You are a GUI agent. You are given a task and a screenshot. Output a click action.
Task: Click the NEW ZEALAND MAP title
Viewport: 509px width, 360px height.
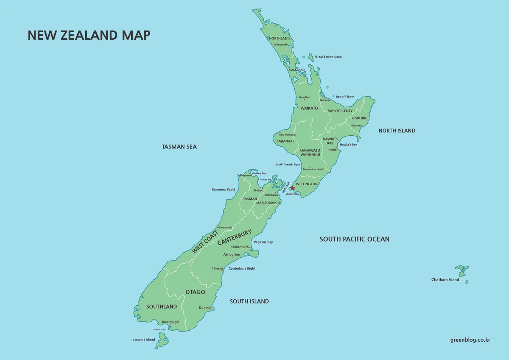[x=89, y=35]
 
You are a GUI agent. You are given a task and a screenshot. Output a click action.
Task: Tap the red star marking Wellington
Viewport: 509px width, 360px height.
[x=292, y=188]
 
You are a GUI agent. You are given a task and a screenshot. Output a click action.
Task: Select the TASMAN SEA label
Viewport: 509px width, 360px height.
[x=179, y=147]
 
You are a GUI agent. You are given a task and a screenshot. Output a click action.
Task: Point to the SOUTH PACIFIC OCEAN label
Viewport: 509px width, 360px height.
[x=354, y=239]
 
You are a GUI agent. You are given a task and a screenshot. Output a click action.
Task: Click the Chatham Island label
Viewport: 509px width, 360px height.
[x=445, y=280]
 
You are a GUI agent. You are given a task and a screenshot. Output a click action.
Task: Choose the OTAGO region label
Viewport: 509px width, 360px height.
[x=195, y=292]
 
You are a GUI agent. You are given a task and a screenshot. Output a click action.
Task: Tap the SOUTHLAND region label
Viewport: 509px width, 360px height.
[x=161, y=307]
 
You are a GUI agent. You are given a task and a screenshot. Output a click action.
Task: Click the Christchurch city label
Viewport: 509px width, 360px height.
[x=240, y=247]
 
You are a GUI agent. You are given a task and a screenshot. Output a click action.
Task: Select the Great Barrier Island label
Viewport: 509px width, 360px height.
[x=328, y=56]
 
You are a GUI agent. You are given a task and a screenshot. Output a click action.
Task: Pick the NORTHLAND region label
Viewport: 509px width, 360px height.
[x=280, y=39]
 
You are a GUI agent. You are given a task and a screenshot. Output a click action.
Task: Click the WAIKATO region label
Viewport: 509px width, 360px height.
[x=309, y=108]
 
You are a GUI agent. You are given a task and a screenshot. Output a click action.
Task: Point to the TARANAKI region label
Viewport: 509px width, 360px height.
[x=285, y=141]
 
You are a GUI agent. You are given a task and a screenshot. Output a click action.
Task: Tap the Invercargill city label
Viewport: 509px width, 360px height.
[x=170, y=322]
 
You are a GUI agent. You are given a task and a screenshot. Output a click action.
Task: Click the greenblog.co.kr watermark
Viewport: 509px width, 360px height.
[x=470, y=340]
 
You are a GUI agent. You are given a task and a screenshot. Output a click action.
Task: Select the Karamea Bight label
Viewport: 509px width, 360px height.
[x=223, y=190]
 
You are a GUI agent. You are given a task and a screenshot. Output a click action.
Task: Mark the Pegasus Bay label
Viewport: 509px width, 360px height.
[x=263, y=242]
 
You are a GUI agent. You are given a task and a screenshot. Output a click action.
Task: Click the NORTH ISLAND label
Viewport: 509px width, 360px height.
[x=397, y=131]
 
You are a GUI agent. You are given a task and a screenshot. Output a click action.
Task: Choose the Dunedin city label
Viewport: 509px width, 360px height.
[x=205, y=308]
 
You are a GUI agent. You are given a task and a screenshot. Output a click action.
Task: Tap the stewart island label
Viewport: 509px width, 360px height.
[x=144, y=340]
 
